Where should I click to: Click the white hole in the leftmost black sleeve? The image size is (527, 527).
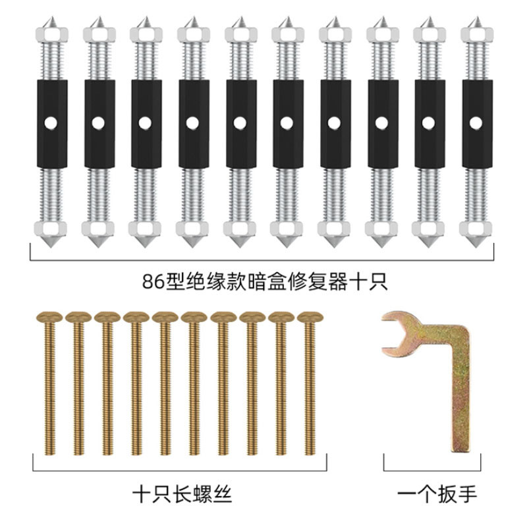point(51,123)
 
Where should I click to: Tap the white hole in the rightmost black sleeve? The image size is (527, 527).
point(476,123)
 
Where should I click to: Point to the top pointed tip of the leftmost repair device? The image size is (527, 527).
point(51,16)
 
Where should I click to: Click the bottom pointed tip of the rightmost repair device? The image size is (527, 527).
point(476,248)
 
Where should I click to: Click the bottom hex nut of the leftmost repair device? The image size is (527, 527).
point(51,229)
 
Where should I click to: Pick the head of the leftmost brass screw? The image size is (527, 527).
point(49,317)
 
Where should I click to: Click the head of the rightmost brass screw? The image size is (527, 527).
point(310,317)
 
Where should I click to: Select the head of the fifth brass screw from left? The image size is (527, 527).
point(165,317)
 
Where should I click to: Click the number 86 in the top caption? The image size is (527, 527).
point(153,282)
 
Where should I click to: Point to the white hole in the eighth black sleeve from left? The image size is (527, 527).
point(381,123)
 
